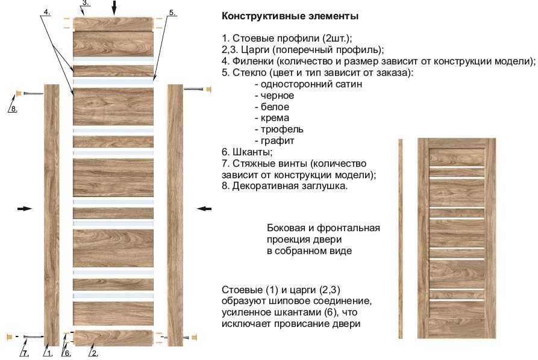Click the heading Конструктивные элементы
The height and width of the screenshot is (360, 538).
pyautogui.click(x=290, y=16)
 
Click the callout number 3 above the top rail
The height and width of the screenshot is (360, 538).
pyautogui.click(x=86, y=3)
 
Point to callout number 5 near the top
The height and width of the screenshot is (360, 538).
pyautogui.click(x=172, y=13)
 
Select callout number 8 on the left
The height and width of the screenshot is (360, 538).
pyautogui.click(x=14, y=109)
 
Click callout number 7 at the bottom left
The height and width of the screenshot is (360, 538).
pyautogui.click(x=25, y=353)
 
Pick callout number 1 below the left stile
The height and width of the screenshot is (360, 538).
pyautogui.click(x=49, y=353)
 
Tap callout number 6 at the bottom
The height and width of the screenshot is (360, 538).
pyautogui.click(x=67, y=353)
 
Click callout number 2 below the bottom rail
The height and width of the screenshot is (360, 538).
pyautogui.click(x=95, y=353)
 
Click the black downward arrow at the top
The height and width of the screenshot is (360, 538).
pyautogui.click(x=114, y=8)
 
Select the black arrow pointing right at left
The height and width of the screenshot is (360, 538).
pyautogui.click(x=25, y=208)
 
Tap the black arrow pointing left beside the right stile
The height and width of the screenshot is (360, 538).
pyautogui.click(x=204, y=208)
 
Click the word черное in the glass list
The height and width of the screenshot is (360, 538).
pyautogui.click(x=277, y=95)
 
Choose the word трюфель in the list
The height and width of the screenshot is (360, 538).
pyautogui.click(x=282, y=129)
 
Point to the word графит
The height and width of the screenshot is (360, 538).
pyautogui.click(x=278, y=141)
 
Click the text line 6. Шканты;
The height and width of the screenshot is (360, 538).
pyautogui.click(x=247, y=152)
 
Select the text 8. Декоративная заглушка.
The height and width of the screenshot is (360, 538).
pyautogui.click(x=285, y=186)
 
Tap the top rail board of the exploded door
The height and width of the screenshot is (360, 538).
pyautogui.click(x=113, y=24)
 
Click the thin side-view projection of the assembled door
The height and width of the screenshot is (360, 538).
pyautogui.click(x=401, y=238)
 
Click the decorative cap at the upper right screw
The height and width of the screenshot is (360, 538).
pyautogui.click(x=208, y=90)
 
